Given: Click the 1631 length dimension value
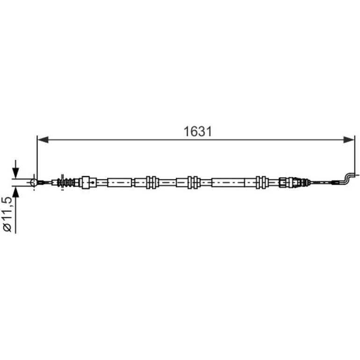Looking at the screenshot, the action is (x=197, y=132).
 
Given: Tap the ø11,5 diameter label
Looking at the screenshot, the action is (x=7, y=214).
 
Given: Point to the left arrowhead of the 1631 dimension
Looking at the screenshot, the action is (x=43, y=140).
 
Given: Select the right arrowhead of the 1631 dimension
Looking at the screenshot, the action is (x=349, y=140).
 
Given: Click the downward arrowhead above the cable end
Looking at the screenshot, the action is (x=15, y=173).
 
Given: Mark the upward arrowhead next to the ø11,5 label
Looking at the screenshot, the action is (x=15, y=192).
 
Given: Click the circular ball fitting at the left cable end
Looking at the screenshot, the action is (x=34, y=182).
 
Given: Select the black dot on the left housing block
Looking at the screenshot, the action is (x=93, y=182).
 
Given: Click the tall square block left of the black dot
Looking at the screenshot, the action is (x=86, y=182).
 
